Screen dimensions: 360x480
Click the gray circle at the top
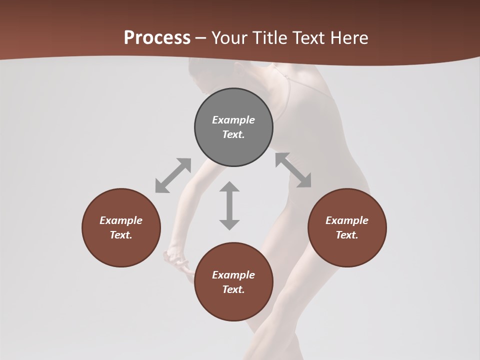click(233, 127)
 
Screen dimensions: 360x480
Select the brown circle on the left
click(121, 227)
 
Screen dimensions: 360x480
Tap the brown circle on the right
click(347, 227)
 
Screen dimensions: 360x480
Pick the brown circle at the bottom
click(233, 281)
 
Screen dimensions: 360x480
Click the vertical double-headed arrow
click(229, 205)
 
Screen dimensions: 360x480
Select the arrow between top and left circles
click(173, 175)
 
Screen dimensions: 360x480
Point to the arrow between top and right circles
click(293, 170)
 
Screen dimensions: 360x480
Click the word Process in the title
click(157, 37)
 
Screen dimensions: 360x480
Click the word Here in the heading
click(350, 37)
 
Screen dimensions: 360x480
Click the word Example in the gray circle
click(233, 120)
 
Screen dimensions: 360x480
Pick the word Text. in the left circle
click(121, 235)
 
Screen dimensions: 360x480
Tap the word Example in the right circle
click(347, 220)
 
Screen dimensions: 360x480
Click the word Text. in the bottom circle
click(233, 289)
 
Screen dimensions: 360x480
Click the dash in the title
click(201, 38)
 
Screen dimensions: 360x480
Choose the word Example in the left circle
click(121, 220)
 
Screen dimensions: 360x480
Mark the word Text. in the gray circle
click(233, 134)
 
